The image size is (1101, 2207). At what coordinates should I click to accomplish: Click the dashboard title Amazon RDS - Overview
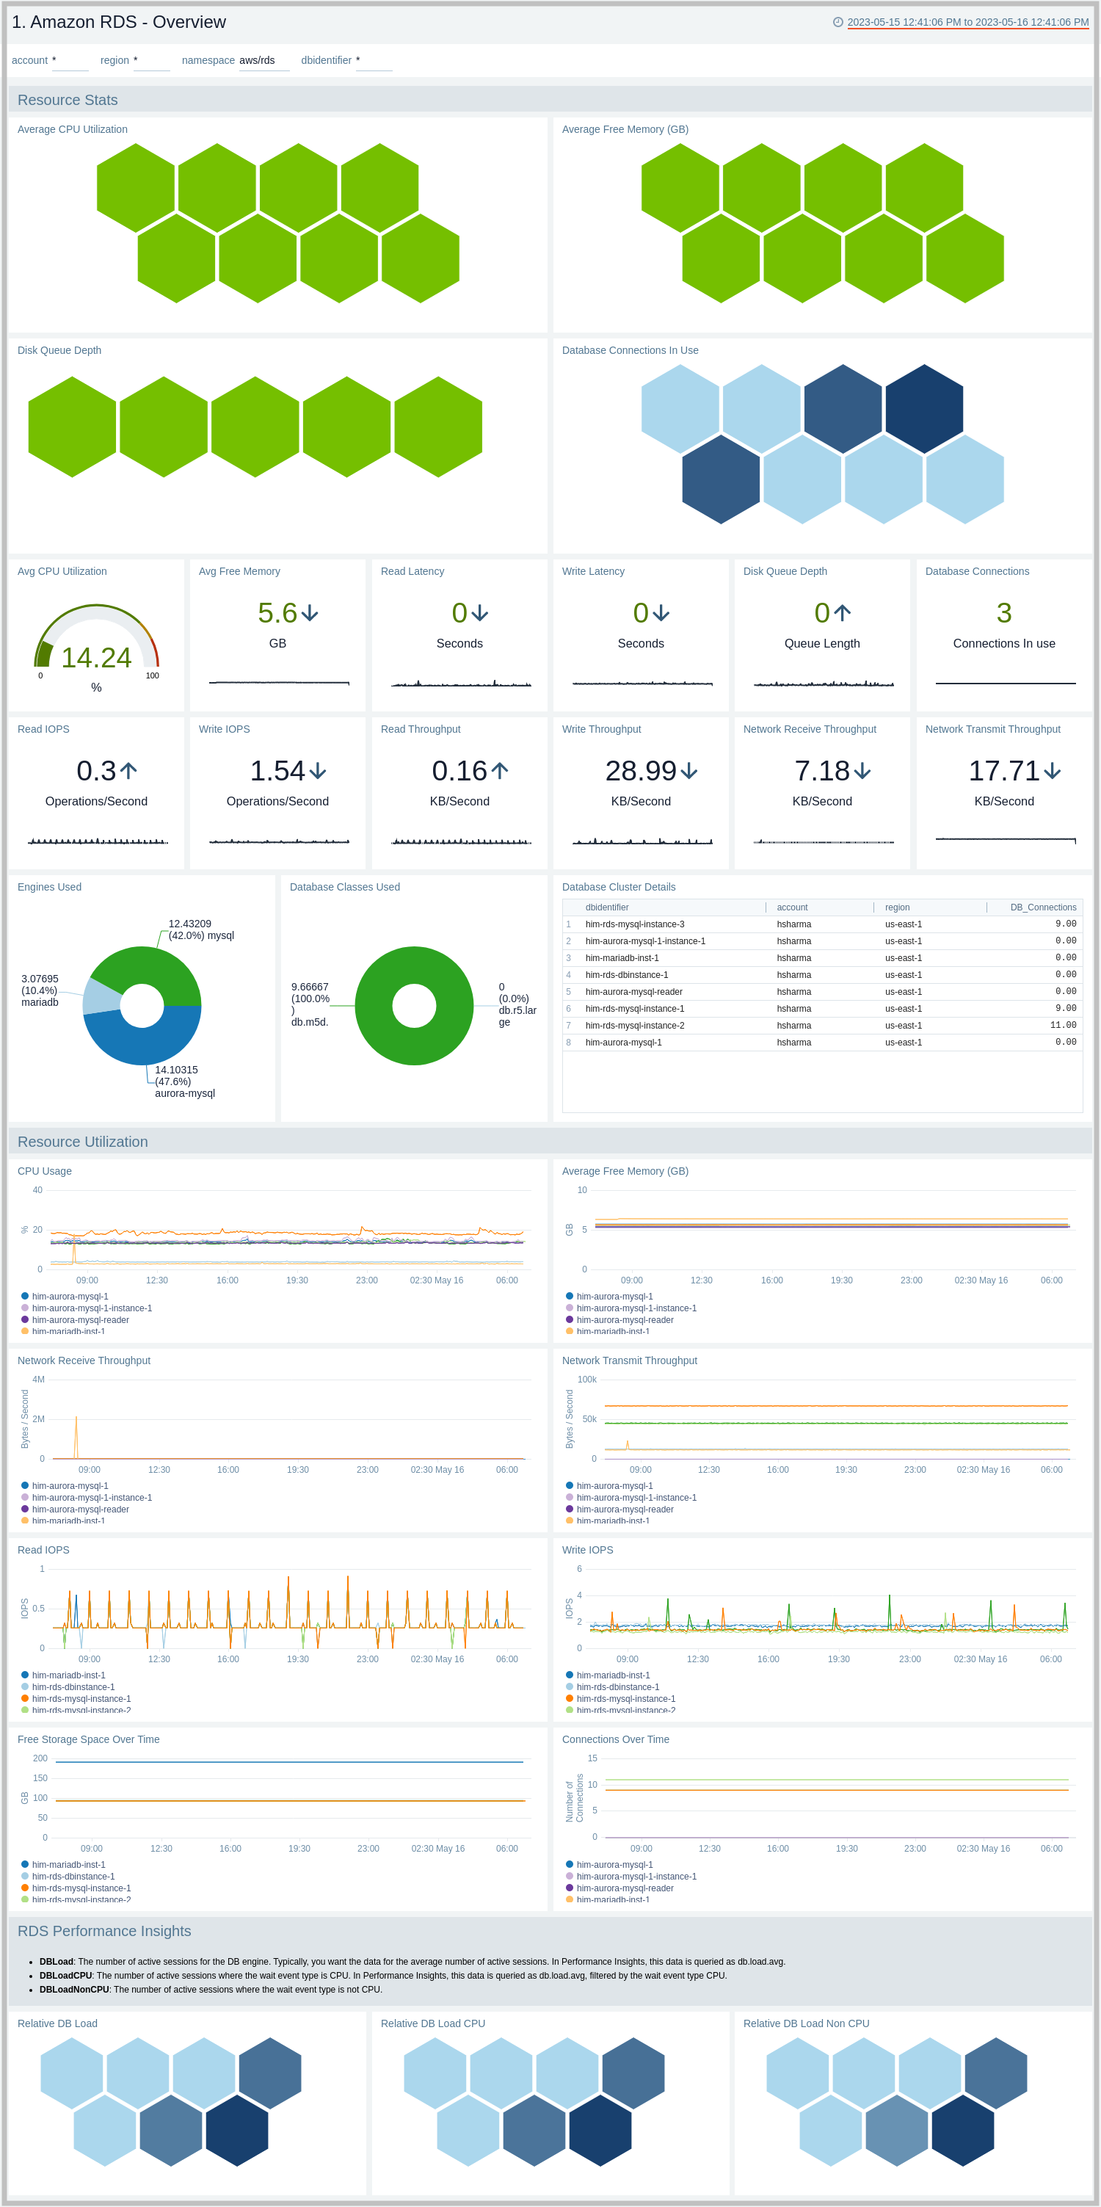coord(119,22)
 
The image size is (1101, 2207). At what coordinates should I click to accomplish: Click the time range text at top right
coord(967,22)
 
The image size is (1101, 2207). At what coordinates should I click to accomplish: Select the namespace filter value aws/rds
coord(257,61)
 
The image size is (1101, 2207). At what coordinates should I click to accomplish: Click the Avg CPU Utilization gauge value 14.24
coord(96,658)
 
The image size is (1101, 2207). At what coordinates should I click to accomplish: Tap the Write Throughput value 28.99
coord(641,771)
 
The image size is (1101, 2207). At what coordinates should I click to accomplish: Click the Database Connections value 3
coord(1003,614)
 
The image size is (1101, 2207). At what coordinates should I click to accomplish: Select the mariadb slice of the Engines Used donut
coord(101,996)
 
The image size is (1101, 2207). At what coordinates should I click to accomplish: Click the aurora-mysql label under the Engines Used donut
coord(184,1093)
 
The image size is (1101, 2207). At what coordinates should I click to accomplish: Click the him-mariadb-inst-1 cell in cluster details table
coord(622,958)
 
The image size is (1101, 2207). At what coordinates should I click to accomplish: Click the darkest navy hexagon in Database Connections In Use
coord(923,409)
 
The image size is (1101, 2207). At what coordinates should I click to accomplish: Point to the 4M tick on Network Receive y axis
coord(39,1380)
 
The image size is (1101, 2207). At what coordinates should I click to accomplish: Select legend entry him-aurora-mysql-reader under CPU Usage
coord(81,1320)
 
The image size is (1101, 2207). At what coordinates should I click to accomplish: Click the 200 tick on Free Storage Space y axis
coord(40,1759)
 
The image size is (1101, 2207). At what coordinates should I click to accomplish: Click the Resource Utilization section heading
coord(82,1142)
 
